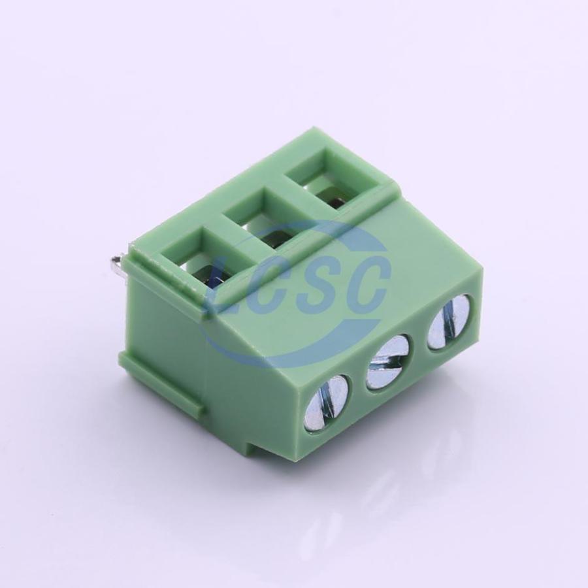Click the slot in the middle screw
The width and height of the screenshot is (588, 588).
(386, 362)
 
